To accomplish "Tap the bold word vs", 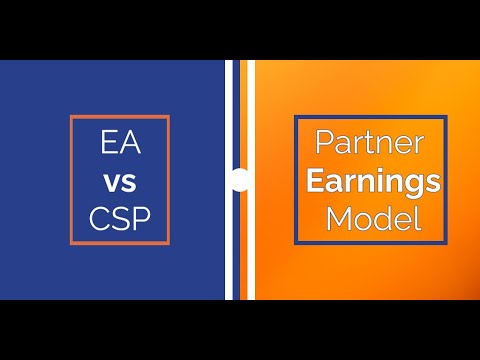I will tap(120, 182).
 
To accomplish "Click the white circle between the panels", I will tap(239, 180).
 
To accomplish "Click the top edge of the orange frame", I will tap(120, 117).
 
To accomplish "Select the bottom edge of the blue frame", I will tap(370, 242).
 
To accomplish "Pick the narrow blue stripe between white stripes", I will tap(240, 120).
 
